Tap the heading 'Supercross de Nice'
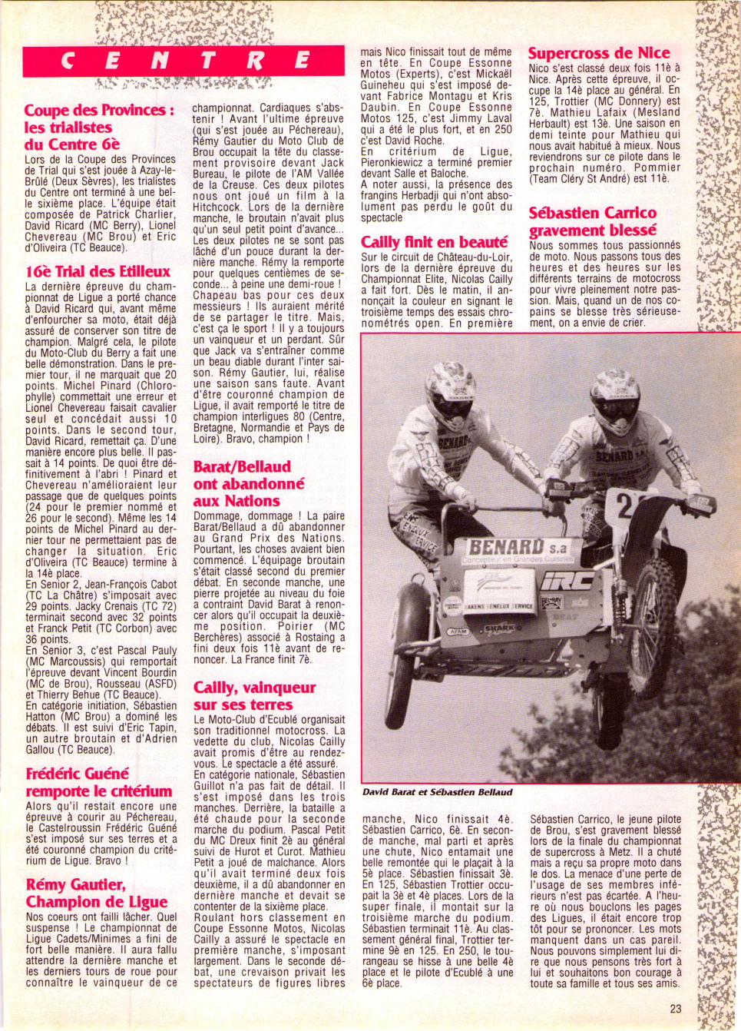click(599, 53)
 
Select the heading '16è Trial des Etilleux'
click(98, 271)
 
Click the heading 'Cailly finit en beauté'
click(435, 242)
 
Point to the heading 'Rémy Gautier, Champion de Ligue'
click(97, 893)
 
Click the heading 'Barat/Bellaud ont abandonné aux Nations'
click(248, 483)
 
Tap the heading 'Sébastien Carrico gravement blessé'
click(593, 221)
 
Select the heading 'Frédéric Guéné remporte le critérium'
click(99, 782)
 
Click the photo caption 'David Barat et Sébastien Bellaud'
click(437, 792)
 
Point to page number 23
click(675, 1009)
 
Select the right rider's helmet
click(614, 399)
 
